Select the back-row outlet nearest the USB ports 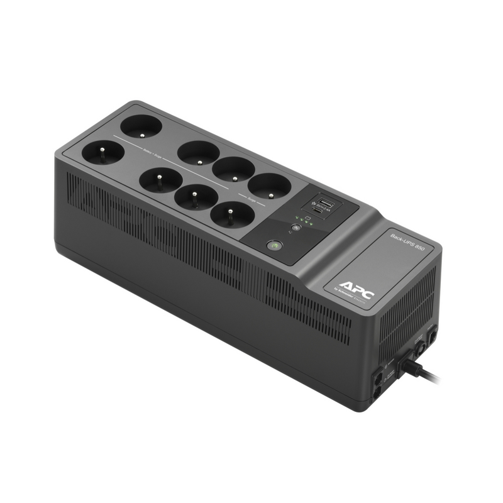pos(269,185)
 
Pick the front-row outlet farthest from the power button pos(101,152)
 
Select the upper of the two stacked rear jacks pos(377,379)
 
